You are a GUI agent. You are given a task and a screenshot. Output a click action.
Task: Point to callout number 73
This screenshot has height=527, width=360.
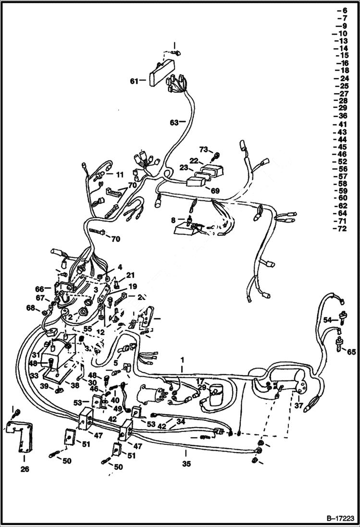point(203,149)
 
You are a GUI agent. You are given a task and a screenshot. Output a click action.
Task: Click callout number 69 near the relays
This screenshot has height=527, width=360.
point(215,191)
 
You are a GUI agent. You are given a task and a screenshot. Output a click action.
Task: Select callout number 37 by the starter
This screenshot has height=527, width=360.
point(298,406)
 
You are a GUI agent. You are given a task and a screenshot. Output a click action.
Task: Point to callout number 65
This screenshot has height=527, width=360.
point(351,352)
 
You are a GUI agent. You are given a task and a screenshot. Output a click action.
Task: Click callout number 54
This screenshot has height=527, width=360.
point(327,320)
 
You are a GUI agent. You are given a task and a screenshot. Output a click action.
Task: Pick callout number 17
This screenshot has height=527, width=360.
point(199,381)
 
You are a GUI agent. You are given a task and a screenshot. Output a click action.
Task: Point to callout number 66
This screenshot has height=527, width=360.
point(39,288)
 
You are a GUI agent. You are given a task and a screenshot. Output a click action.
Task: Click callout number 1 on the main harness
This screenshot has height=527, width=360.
point(182,359)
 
